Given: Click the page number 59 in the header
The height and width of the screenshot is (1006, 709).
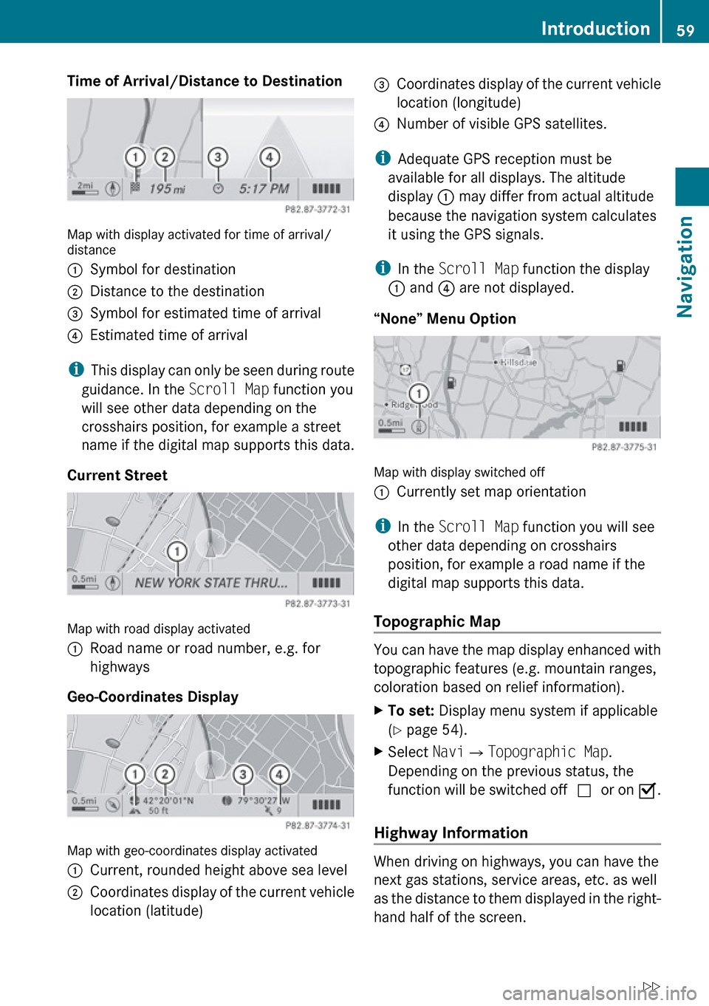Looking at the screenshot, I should pyautogui.click(x=685, y=30).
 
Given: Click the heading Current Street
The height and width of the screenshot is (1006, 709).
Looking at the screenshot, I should pyautogui.click(x=117, y=476).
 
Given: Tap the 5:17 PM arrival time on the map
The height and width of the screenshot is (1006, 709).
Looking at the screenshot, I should pyautogui.click(x=264, y=189).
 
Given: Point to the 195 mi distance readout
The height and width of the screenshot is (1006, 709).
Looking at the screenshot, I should pyautogui.click(x=167, y=189).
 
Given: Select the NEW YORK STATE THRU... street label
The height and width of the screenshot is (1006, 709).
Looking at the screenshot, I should pyautogui.click(x=211, y=583).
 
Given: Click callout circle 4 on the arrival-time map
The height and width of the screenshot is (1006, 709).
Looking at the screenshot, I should pyautogui.click(x=270, y=157).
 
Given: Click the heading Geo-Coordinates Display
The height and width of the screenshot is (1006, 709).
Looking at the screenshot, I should pyautogui.click(x=153, y=697).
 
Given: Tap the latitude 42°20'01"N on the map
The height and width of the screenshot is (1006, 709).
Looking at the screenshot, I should pyautogui.click(x=168, y=801).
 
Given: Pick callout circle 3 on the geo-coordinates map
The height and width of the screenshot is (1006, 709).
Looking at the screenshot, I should pyautogui.click(x=242, y=774).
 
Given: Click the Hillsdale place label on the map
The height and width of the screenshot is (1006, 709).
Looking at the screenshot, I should pyautogui.click(x=517, y=363).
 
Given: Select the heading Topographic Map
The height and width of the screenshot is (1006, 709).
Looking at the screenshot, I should pyautogui.click(x=437, y=622).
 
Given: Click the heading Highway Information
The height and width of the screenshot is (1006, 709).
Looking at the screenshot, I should pyautogui.click(x=451, y=833).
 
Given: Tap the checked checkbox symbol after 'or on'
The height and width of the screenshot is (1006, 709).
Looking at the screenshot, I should pyautogui.click(x=647, y=790).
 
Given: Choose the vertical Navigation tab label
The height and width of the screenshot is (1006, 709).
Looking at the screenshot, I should pyautogui.click(x=685, y=267).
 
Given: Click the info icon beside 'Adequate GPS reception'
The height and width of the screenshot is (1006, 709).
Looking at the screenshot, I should pyautogui.click(x=383, y=159).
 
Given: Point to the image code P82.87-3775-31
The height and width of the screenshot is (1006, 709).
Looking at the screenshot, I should pyautogui.click(x=624, y=447).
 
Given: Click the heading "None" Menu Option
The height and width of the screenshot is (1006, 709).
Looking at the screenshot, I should pyautogui.click(x=445, y=319).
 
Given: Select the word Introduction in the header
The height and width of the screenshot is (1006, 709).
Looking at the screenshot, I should pyautogui.click(x=595, y=29).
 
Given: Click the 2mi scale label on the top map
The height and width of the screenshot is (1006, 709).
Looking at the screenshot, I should pyautogui.click(x=86, y=185).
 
